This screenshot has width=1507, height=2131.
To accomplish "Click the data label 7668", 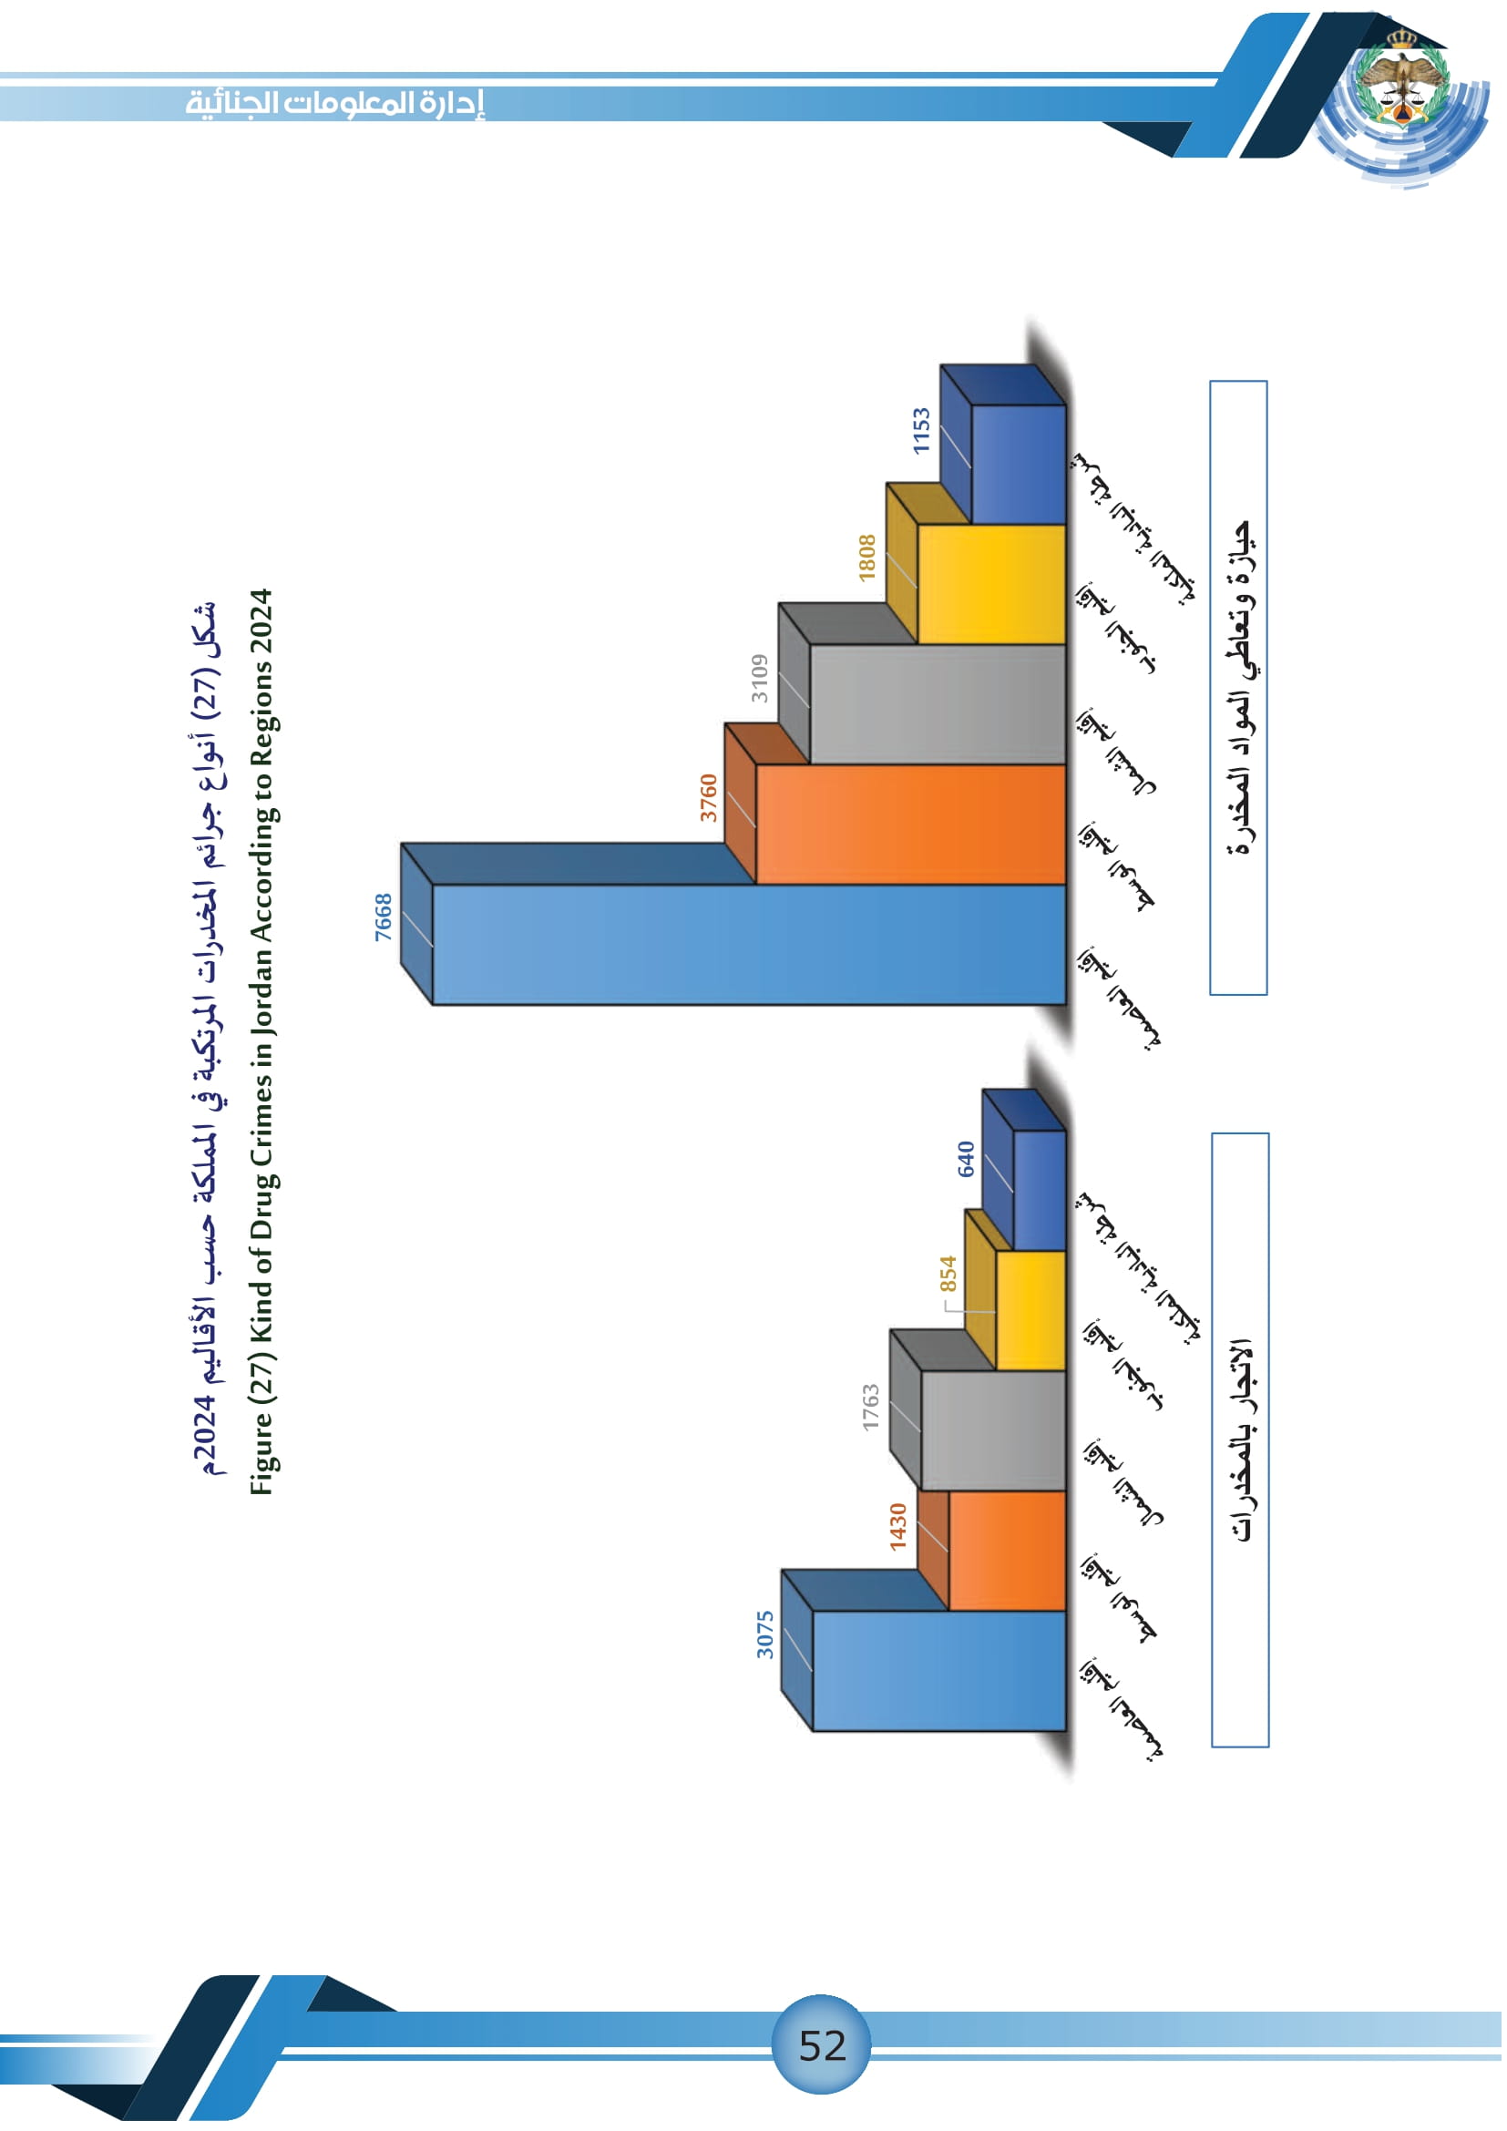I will coord(384,917).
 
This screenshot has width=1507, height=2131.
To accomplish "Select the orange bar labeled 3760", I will coord(909,825).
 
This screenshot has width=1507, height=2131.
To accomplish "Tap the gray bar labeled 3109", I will coord(938,704).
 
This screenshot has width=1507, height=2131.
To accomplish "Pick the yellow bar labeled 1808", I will coord(991,585).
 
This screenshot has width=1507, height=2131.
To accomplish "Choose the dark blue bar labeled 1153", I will coord(1018,465).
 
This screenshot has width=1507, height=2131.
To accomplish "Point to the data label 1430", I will coord(897,1527).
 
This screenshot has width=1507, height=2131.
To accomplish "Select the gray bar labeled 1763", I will coord(993,1430).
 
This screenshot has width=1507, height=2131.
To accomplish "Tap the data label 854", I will coord(948,1274).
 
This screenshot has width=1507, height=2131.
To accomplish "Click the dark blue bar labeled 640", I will coord(1040,1191).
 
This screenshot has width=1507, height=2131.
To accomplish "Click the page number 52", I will coord(822,2045).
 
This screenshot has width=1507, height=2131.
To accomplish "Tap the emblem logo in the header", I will coord(1400,80).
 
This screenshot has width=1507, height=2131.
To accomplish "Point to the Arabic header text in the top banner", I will coord(335,102).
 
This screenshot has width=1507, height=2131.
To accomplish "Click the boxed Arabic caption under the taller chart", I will coord(1239,688).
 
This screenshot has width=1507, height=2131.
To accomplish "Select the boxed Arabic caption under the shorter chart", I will coord(1240,1439).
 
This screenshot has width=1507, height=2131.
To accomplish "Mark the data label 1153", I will coord(920,430).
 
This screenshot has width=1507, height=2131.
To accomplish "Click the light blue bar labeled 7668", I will coord(748,945).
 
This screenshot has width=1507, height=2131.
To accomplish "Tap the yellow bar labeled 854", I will coord(1030,1310).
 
